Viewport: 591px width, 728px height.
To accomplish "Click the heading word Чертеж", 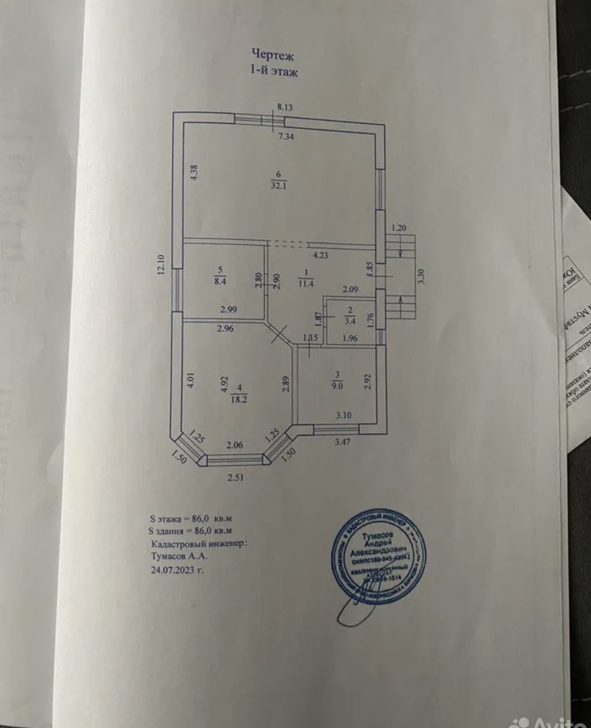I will [272, 54].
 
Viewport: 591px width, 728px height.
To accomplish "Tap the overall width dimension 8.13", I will [285, 107].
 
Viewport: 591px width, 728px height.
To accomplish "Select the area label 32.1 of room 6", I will [278, 185].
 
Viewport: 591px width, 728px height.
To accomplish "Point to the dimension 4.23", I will [320, 254].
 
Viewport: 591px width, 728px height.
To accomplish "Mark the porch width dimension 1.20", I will [398, 228].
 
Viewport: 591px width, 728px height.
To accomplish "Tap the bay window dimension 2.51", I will [235, 477].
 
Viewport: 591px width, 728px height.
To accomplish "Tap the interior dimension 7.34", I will [286, 137].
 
